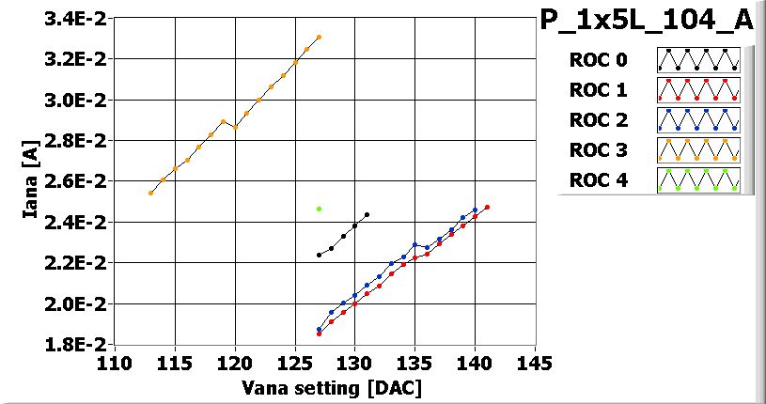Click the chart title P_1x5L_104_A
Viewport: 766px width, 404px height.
point(647,21)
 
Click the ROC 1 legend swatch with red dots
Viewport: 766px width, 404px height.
point(698,90)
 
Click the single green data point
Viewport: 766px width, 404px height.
point(320,209)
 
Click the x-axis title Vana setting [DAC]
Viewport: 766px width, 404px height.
point(332,387)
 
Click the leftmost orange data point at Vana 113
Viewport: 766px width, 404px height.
point(151,193)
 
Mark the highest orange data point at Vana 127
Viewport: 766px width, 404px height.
point(320,38)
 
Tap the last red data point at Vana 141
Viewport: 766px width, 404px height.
point(487,207)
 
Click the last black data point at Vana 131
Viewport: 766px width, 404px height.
point(367,214)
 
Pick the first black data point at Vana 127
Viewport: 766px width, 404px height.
point(320,255)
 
